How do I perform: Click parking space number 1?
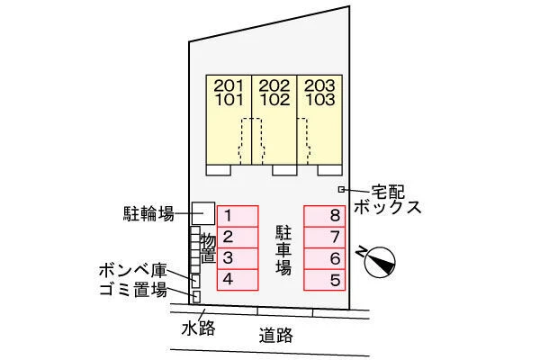click(238, 216)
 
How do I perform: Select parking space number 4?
click(238, 279)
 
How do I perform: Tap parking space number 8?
click(324, 216)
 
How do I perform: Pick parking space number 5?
click(324, 279)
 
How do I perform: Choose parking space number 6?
click(324, 258)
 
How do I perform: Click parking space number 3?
click(238, 258)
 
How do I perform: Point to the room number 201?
click(229, 85)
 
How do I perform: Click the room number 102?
click(274, 100)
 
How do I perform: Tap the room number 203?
click(319, 85)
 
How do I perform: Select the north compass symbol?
click(379, 262)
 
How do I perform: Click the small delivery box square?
click(341, 189)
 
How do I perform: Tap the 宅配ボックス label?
click(388, 200)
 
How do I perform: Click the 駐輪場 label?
click(148, 214)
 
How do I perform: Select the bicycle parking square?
click(203, 213)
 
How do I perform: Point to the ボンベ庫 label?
click(133, 271)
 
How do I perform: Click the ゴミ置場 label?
click(133, 290)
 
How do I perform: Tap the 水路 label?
click(198, 328)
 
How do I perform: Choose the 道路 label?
click(276, 335)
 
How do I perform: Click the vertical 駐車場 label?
click(283, 250)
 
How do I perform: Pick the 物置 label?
click(208, 247)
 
